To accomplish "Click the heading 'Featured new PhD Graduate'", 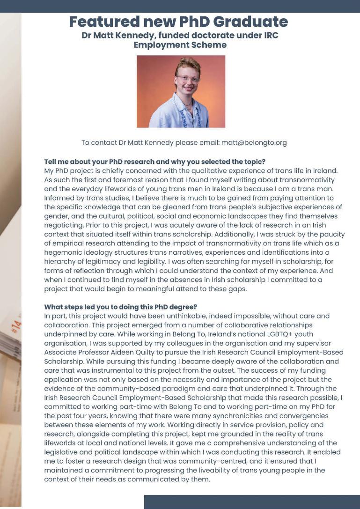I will coord(178,22).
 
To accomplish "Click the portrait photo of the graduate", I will coord(181,91).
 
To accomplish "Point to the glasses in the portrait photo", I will coord(188,79).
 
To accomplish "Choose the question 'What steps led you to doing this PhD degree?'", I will coord(121,307).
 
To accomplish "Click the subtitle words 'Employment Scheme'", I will coord(180,45).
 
